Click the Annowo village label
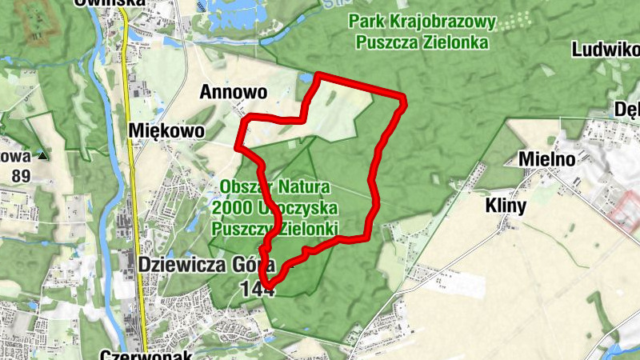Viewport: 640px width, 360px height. [x=234, y=92]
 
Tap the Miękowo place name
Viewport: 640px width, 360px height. [x=166, y=130]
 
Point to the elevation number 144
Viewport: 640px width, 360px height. [x=258, y=290]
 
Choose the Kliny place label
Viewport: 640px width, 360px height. [x=506, y=206]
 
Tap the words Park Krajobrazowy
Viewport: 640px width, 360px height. [x=422, y=22]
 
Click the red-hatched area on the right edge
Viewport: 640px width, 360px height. [x=626, y=211]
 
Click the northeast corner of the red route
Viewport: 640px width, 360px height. [x=402, y=99]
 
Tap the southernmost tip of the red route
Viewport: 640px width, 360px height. [x=270, y=286]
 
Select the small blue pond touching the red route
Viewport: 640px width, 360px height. [x=306, y=79]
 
